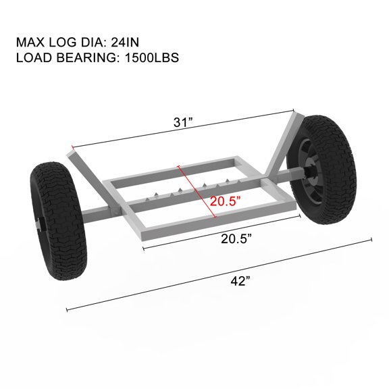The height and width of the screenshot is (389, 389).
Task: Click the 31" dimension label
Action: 183,122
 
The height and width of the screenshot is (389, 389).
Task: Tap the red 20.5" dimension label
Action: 226,201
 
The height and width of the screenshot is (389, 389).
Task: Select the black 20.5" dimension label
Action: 236,239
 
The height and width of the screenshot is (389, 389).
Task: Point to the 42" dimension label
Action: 240,281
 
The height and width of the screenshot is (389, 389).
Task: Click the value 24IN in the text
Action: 125,42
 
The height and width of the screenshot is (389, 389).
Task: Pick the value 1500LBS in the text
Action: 152,57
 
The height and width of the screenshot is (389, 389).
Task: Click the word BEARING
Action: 86,57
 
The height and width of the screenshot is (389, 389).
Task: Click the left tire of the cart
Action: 58,221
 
